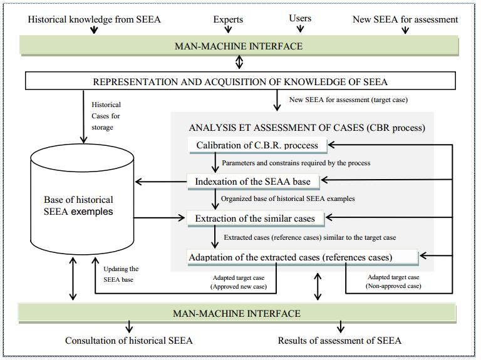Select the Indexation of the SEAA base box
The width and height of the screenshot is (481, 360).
coord(254,182)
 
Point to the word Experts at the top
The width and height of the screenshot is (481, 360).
coord(228,19)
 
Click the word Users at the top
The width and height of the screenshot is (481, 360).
coord(300,18)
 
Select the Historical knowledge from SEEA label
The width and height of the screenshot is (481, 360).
coord(95,19)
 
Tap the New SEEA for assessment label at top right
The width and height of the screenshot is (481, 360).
coord(405,19)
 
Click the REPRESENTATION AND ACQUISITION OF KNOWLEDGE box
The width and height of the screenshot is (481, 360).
coord(240,81)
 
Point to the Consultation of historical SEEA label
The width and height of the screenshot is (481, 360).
coord(129,341)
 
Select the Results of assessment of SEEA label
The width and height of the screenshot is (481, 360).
coord(339,341)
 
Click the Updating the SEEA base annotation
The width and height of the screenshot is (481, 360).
coord(122,274)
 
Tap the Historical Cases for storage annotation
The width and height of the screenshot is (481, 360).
coord(106,116)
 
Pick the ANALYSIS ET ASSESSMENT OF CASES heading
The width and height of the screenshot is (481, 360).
coord(307,128)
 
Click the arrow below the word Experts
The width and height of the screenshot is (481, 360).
coord(228,29)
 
